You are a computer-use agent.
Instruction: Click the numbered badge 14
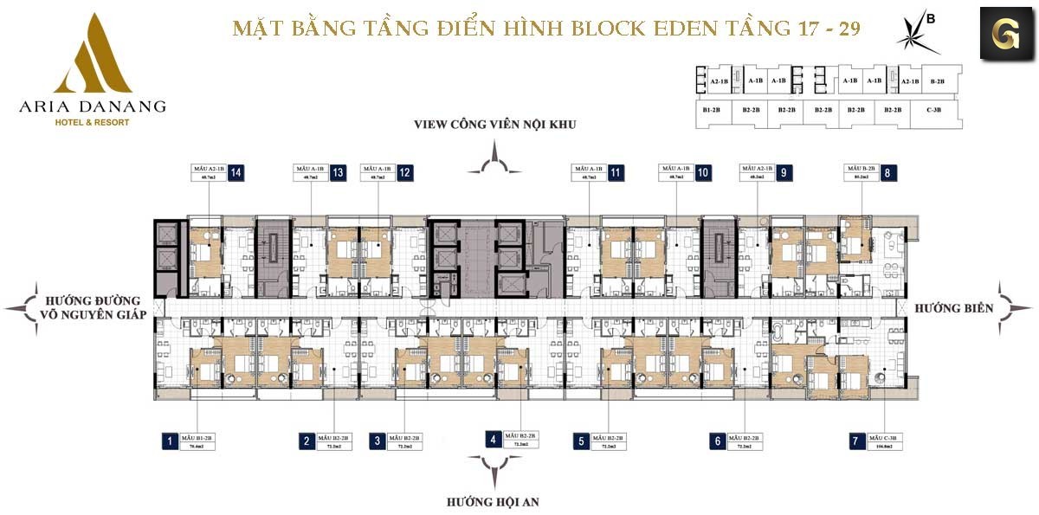click(236, 172)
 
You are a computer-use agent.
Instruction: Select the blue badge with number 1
click(170, 441)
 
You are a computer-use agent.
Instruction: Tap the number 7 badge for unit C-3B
click(856, 441)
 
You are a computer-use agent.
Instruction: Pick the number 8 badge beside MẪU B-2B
click(888, 172)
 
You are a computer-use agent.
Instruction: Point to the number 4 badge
click(493, 439)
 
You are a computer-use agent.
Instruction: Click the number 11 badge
click(616, 172)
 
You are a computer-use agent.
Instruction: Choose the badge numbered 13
click(338, 172)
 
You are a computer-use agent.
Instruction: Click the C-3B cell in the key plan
click(933, 111)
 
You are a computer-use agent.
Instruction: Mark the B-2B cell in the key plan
click(937, 81)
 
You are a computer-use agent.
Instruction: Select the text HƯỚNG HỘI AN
click(494, 501)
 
